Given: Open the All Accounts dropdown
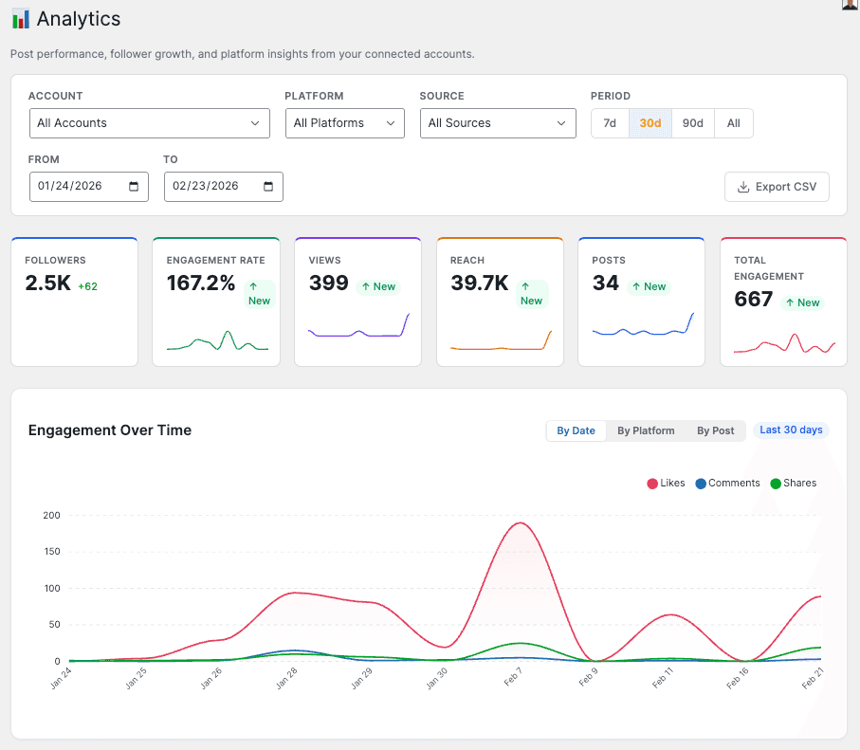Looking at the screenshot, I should (x=150, y=123).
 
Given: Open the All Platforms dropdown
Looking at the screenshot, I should (x=344, y=123).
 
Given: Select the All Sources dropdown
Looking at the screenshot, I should (x=498, y=123).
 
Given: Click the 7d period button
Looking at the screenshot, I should (x=610, y=123).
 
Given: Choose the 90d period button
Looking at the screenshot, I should (x=693, y=123).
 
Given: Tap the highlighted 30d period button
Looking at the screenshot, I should (x=650, y=123).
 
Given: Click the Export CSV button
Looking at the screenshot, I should (x=777, y=187).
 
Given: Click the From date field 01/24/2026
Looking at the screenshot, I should (x=88, y=187).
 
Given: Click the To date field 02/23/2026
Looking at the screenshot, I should (x=223, y=187).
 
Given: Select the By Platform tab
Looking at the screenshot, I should (x=646, y=430).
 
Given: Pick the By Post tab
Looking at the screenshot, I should (x=716, y=430).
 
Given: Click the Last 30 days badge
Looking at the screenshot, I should (x=791, y=430).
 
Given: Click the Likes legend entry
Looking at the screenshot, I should (x=666, y=484).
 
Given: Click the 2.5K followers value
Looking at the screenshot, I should (x=48, y=283).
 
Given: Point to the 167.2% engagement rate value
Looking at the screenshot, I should (x=201, y=283).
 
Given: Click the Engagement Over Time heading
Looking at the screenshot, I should (x=110, y=430).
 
